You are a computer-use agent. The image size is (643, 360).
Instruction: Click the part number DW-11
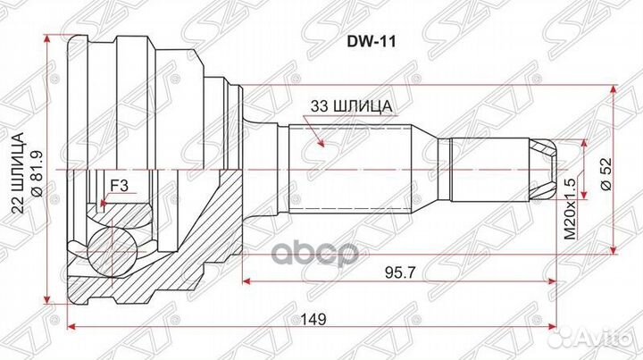[375, 41]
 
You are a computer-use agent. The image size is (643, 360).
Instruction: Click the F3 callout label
[118, 186]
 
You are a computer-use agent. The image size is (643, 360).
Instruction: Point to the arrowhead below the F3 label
[104, 205]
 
